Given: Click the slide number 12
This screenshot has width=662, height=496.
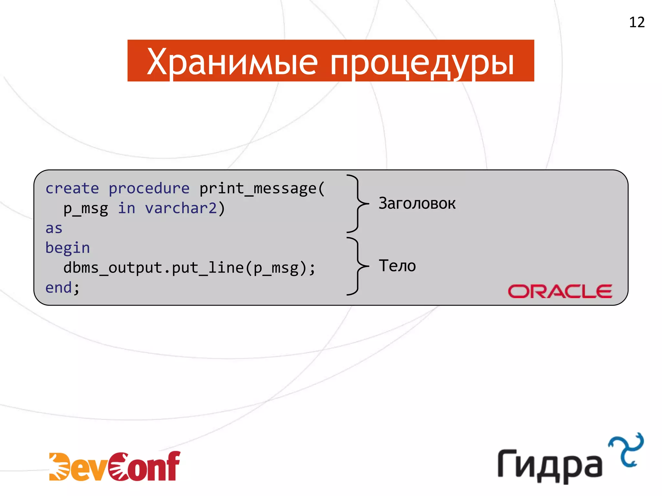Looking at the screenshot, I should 637,22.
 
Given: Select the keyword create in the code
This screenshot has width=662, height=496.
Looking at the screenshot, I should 72,188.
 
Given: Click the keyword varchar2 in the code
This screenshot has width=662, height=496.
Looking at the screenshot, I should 181,208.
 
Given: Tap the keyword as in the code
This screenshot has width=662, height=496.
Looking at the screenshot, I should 54,228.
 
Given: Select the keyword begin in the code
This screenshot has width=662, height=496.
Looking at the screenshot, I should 68,248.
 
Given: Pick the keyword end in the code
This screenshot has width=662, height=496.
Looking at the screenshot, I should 59,288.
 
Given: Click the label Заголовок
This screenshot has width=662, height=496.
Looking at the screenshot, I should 417,203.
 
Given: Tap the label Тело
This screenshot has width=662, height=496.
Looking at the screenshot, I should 397,266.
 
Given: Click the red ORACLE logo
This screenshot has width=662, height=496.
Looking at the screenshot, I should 560,291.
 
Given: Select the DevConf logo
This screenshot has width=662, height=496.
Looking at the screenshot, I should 115,467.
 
